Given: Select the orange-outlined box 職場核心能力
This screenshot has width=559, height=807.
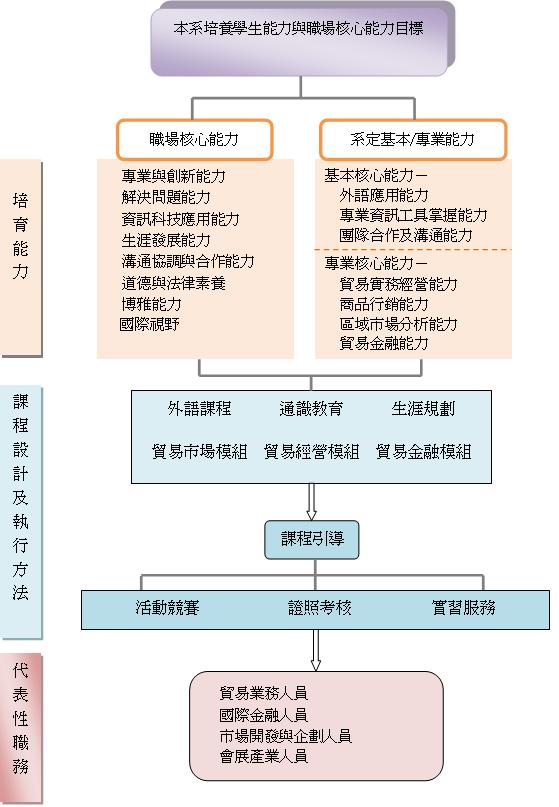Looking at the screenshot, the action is point(194,139).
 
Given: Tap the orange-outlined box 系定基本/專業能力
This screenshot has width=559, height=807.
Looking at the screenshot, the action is point(413,139).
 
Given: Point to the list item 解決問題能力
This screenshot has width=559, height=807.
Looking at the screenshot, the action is point(166,197).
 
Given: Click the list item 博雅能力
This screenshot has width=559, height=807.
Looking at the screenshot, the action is point(151,304).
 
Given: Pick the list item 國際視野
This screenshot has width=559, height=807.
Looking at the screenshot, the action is point(149,324).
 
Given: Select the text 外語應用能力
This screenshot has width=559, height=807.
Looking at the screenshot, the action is point(384,195).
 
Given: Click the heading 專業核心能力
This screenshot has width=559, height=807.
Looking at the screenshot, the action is point(376,264).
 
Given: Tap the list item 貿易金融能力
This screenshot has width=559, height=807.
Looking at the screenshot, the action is point(384,343).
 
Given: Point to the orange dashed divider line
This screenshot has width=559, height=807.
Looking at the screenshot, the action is point(413,250).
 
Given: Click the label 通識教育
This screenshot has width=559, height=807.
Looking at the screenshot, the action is point(311,409).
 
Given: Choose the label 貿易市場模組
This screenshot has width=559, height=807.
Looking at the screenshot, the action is point(199,451).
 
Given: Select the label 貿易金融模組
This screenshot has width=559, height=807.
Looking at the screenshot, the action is point(423,451).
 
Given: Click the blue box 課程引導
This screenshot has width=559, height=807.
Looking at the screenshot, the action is point(312,540).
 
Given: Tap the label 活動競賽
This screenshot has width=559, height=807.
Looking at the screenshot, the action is point(167,608).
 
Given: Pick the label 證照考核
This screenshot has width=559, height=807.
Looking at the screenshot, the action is point(320,608).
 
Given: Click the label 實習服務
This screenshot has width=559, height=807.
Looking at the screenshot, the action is point(463,608).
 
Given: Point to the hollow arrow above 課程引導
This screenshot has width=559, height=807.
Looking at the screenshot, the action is point(311,502).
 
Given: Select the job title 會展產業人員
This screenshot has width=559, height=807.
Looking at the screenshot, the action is point(264,756).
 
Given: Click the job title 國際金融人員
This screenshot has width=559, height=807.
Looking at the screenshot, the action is point(264,715).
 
